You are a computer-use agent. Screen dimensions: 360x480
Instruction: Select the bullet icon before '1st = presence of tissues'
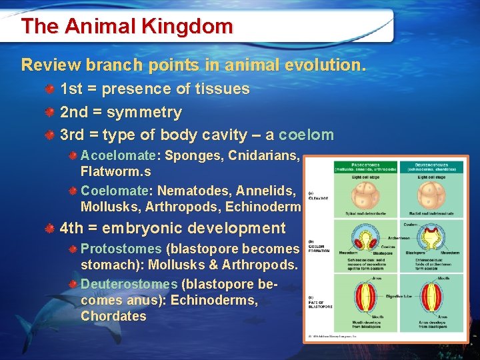50,89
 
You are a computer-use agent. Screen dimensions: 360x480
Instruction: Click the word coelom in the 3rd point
306,135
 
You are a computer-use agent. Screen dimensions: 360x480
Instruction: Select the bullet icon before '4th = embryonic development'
50,229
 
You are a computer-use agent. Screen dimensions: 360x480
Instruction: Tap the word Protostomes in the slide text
121,249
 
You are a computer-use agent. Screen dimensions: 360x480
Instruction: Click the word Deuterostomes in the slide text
129,284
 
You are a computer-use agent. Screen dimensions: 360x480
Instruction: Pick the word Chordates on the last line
113,316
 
